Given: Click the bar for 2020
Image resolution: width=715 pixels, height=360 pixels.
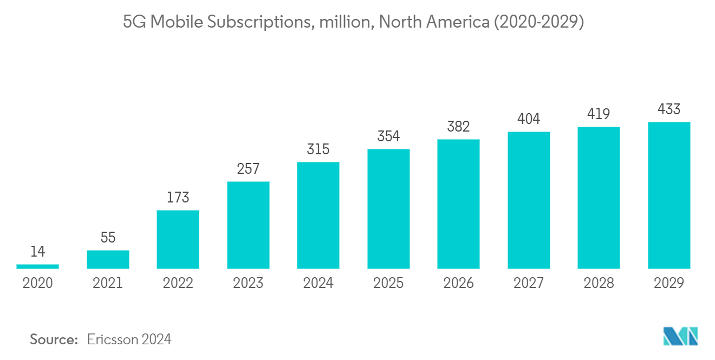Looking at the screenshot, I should (37, 266).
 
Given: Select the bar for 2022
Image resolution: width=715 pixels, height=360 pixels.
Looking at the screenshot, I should (178, 239).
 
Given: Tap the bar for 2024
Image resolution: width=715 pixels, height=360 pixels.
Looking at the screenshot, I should (318, 215).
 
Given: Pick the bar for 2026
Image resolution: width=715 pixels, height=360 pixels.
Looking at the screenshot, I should (458, 204).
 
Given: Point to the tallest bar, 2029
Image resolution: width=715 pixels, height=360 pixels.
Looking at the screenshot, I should (669, 195).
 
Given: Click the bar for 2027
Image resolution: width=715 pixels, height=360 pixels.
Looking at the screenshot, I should (529, 200).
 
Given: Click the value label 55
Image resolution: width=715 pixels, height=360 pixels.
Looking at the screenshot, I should (108, 238).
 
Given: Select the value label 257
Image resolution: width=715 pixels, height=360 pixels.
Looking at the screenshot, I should (248, 169).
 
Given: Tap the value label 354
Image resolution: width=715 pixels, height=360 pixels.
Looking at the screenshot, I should (388, 136).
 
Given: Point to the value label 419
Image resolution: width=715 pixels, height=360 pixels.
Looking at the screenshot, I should (599, 114).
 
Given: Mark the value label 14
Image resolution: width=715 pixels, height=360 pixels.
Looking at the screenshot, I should (37, 252).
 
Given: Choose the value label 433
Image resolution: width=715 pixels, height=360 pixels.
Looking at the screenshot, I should (669, 109).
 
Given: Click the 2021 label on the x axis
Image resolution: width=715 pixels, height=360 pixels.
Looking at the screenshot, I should (108, 283).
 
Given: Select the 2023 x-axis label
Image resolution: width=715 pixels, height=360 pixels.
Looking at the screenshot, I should (248, 283).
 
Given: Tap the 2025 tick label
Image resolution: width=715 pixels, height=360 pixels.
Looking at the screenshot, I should (388, 283).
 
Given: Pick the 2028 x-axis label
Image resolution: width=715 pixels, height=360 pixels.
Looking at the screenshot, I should (599, 283).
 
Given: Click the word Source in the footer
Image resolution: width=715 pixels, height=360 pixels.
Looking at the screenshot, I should (54, 339).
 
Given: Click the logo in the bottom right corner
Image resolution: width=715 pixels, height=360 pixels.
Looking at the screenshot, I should (681, 336).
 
